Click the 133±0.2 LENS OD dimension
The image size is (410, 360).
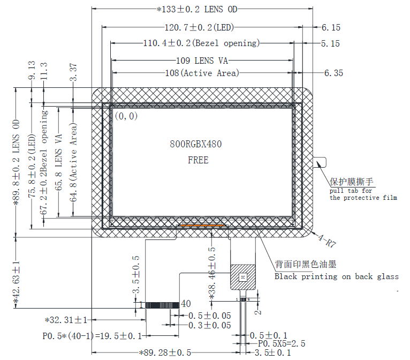coord(197,9)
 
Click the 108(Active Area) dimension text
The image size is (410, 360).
coord(202,73)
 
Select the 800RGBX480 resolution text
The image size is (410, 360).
coord(195,145)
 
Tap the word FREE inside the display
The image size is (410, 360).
coord(198,160)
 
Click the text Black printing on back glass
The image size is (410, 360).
coord(336,276)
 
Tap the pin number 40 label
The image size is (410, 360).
coord(186,304)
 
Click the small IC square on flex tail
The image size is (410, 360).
coord(242,277)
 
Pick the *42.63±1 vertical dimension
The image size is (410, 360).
coord(17,284)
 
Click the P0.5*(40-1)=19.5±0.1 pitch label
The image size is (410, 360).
coord(92,336)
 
